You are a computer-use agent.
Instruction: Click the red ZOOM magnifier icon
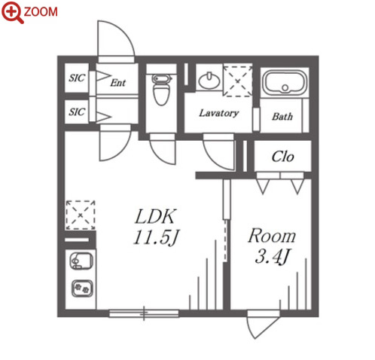pos(12,12)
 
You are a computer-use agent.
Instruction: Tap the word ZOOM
pos(41,12)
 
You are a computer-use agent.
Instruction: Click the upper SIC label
pos(77,78)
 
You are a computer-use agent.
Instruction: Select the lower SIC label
pos(77,111)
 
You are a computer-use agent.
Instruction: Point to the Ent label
pos(118,83)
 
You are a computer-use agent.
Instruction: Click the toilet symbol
pos(161,89)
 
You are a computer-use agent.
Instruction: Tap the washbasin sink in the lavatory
pos(209,81)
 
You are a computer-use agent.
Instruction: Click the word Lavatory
pos(218,113)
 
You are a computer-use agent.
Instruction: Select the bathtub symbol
pos(285,82)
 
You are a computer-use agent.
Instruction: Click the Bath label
pos(282,117)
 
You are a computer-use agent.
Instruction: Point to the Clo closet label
pos(282,157)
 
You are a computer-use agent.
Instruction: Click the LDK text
pos(155,216)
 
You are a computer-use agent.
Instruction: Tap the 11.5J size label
pos(156,237)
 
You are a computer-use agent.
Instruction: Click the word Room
pos(272,236)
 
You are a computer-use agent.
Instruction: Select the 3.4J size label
pos(272,257)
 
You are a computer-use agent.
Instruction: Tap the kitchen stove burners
pos(82,288)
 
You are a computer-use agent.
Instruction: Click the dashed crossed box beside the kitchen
pos(81,215)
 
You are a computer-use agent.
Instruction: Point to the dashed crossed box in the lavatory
pos(238,81)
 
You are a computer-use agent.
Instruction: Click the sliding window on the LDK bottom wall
pos(144,313)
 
